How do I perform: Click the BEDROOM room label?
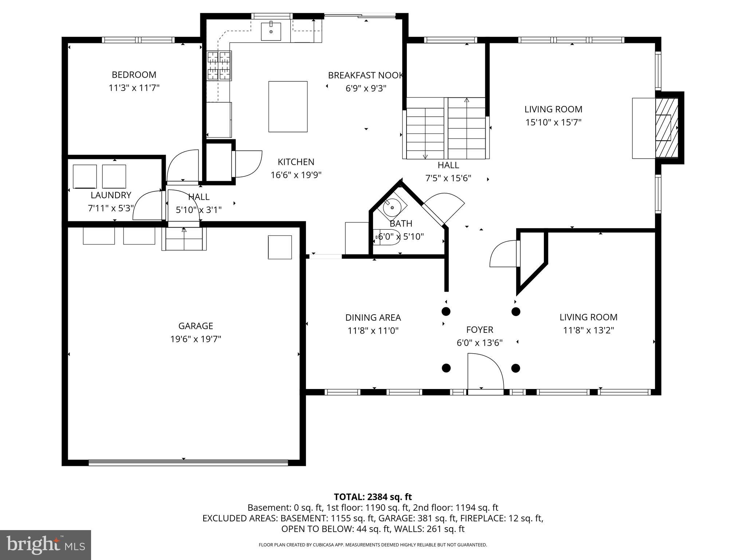click(x=134, y=75)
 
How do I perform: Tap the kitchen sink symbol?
click(x=271, y=31)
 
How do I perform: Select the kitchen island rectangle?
click(x=288, y=106)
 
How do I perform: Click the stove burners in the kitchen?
click(x=219, y=66)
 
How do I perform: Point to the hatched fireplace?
click(x=667, y=128)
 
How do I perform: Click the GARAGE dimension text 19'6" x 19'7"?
click(x=196, y=339)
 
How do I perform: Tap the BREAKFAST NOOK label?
click(x=366, y=75)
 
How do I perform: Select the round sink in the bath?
click(x=392, y=207)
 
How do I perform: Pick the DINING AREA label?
click(x=373, y=318)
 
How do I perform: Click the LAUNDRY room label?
click(x=111, y=195)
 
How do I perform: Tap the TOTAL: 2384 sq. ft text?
click(x=373, y=497)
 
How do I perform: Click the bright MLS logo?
click(x=46, y=545)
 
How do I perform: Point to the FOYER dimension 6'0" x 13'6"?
click(x=479, y=343)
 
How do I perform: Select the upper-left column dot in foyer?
click(x=446, y=311)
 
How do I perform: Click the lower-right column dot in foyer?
click(x=515, y=368)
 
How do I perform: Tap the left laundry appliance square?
click(x=85, y=176)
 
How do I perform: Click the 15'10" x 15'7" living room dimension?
click(x=553, y=122)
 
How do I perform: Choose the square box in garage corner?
click(x=280, y=247)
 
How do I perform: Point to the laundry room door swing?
click(x=148, y=206)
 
